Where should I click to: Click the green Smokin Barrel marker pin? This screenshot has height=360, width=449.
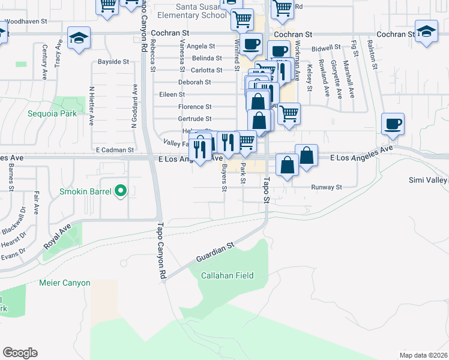coord(121,192)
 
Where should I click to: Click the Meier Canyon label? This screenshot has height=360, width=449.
coord(64,283)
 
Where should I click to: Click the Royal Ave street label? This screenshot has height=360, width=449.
coord(57,238)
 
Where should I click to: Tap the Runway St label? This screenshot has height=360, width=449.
coord(326,187)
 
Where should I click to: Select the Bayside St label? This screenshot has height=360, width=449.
coord(113,62)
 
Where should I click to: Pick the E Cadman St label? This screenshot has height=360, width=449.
coord(114,149)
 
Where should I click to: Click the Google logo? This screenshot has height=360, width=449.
coord(20,353)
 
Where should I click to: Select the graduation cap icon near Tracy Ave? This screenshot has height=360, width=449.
coord(79,38)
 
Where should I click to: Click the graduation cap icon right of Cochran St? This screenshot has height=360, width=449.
coord(426,32)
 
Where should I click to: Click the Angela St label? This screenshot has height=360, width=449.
coord(201,46)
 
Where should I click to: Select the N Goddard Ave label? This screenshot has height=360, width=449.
coord(134,106)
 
